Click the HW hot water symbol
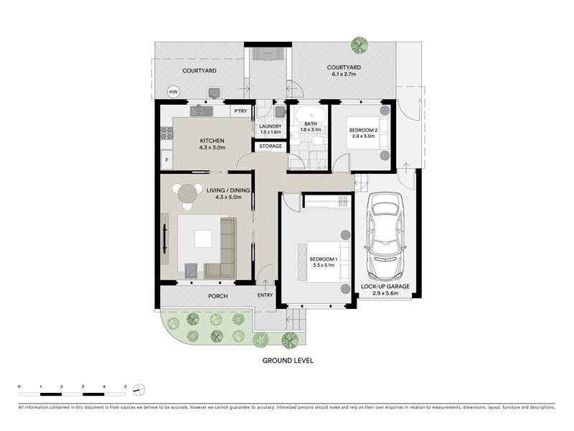coord(173,92)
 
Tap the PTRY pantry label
coord(241,111)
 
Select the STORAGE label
coord(270,147)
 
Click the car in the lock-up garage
coord(386,236)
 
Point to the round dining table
coord(187,193)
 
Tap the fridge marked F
coord(167,159)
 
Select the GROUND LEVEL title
coord(288,361)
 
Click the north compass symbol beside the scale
coord(139,389)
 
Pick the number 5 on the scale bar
coord(126,386)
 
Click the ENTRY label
coord(265,295)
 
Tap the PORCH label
coord(218,296)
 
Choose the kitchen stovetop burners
coord(167,133)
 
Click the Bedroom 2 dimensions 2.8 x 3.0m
coord(363,136)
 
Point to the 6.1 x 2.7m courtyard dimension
coord(344,74)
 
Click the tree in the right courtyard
coord(359,45)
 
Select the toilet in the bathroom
coord(317,140)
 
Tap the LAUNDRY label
coord(270,126)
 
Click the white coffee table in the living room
coord(203,238)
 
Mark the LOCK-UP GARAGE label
coord(385,287)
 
